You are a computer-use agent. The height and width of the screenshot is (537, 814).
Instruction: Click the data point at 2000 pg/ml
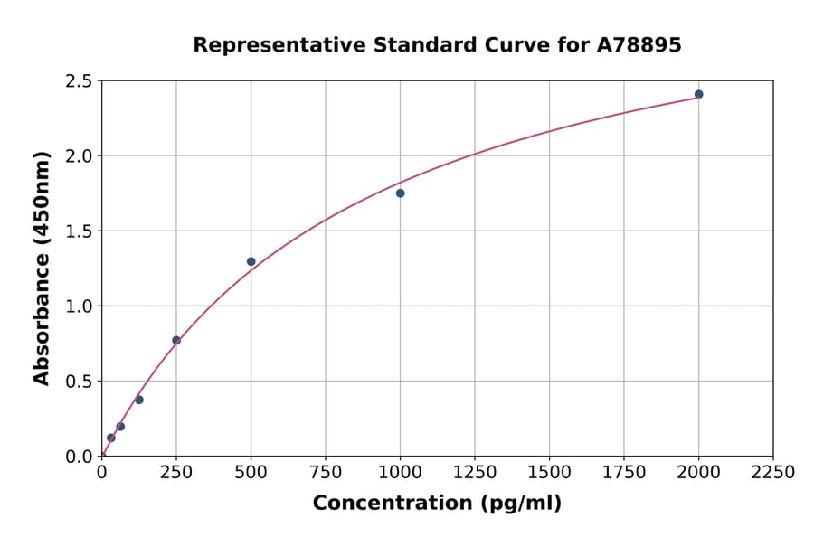[698, 94]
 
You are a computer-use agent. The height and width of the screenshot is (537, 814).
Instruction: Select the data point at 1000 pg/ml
[400, 193]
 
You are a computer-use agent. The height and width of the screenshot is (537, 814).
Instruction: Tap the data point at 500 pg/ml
[251, 261]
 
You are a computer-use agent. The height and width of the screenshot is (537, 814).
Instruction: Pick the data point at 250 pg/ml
[176, 340]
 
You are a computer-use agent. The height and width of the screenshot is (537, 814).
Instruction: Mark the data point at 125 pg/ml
[139, 400]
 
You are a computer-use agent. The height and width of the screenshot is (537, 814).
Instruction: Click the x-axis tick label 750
[326, 473]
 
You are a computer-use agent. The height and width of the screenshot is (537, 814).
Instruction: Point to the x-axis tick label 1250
[475, 473]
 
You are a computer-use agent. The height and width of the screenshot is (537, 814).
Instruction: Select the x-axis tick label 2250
[772, 473]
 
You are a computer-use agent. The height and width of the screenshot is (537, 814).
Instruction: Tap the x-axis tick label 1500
[549, 473]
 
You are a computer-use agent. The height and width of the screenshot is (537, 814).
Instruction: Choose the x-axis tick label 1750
[623, 473]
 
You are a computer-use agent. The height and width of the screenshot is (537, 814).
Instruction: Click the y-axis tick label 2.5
[78, 81]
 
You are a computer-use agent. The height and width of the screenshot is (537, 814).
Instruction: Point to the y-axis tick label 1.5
[78, 231]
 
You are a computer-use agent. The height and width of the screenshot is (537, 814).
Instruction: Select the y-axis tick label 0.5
[78, 382]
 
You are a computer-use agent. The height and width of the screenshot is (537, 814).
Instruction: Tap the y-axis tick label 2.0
[78, 156]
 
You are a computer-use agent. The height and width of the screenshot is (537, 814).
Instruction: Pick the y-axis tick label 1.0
[78, 306]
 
